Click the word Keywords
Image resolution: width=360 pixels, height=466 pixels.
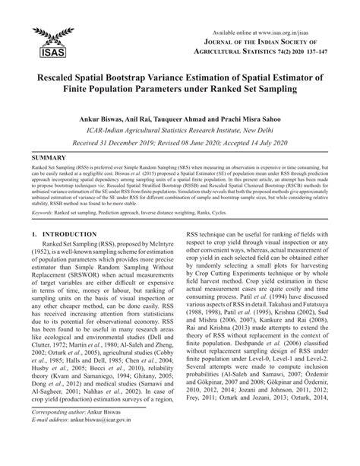45,214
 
